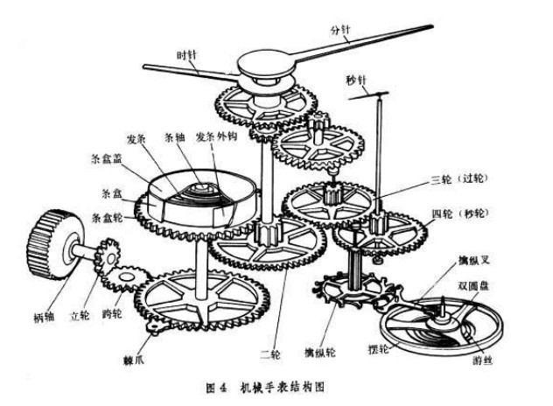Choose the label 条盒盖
(102, 160)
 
